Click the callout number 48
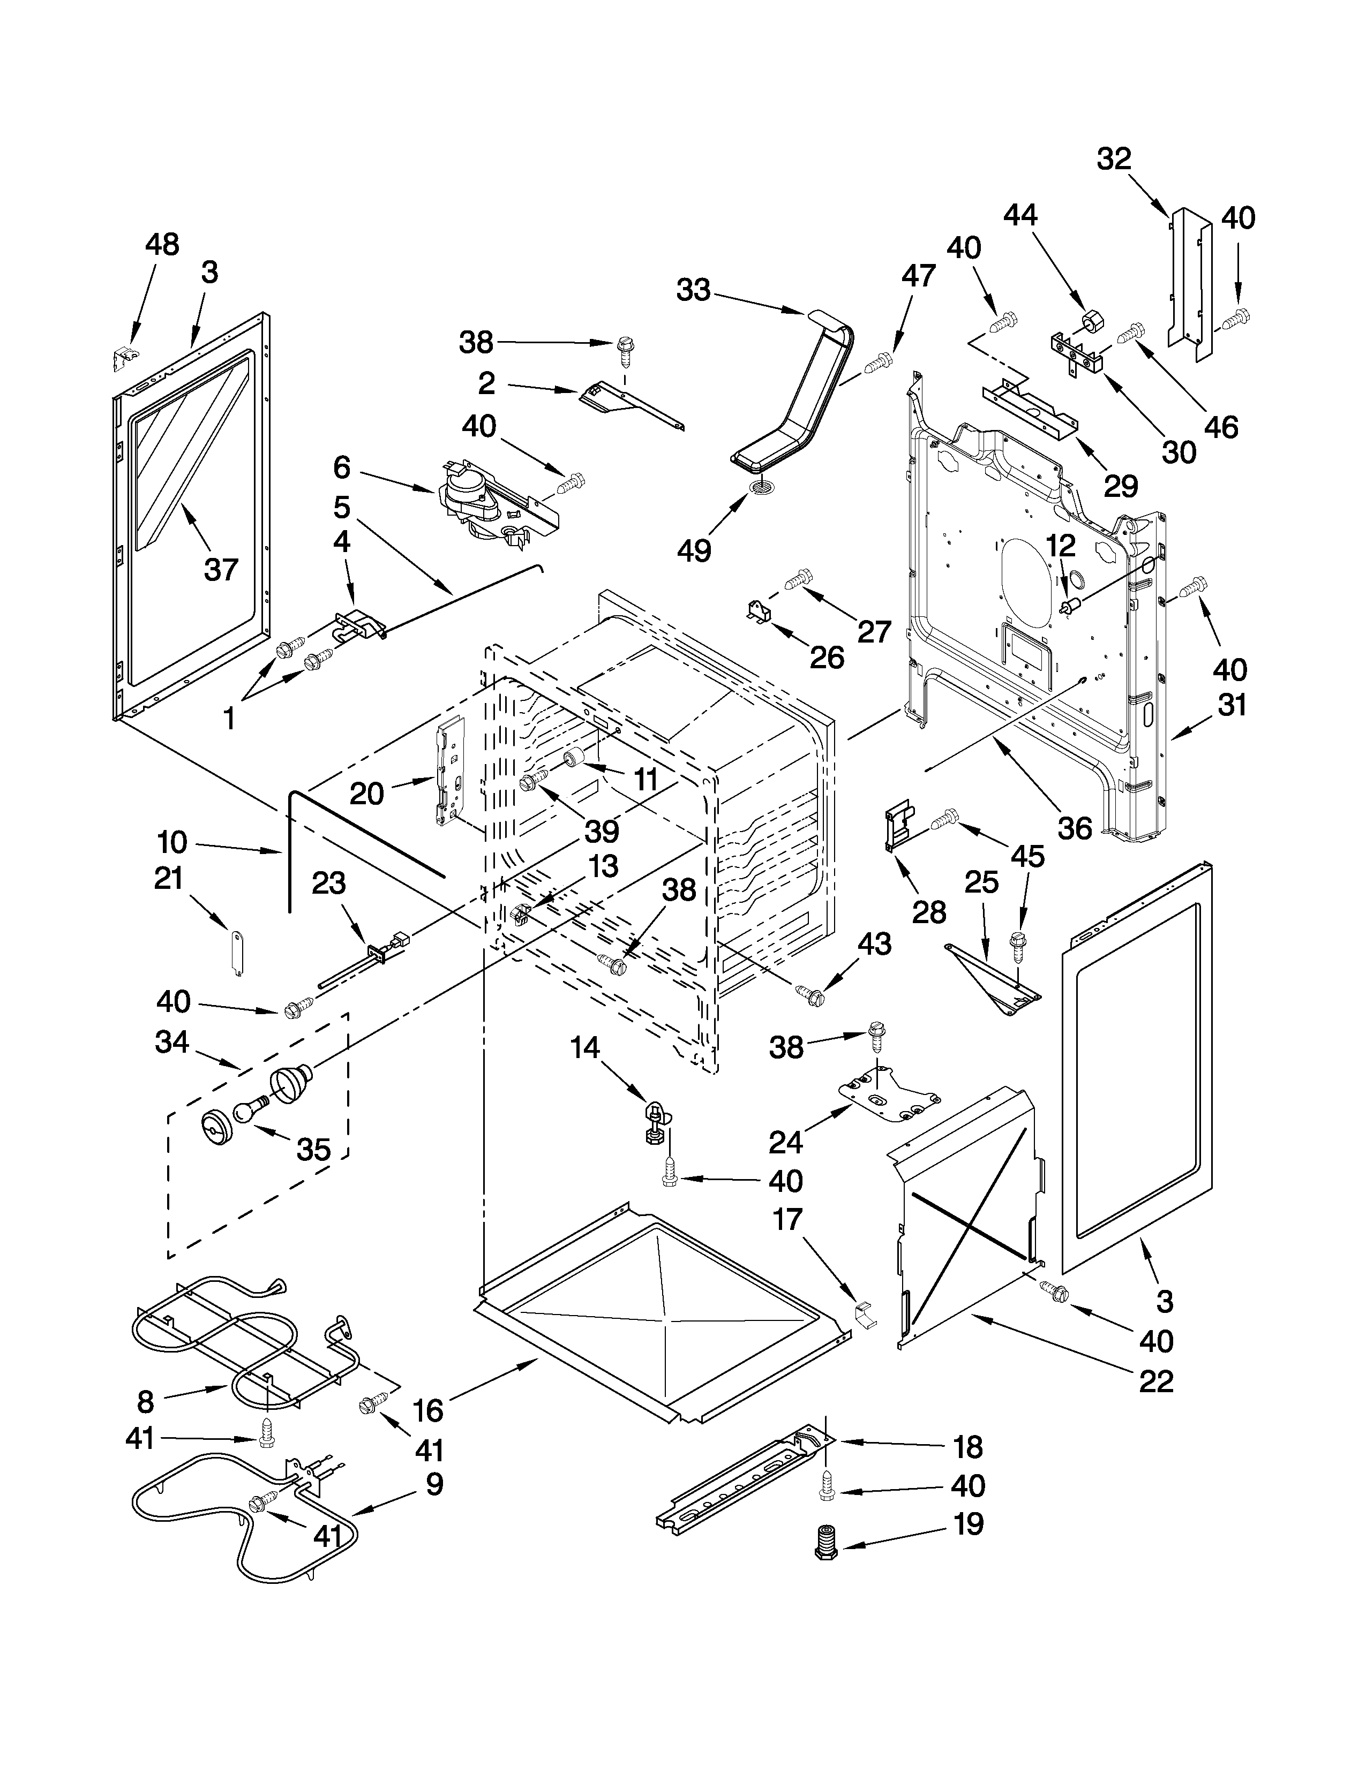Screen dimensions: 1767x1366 [x=162, y=244]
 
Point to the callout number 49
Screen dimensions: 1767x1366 [x=694, y=551]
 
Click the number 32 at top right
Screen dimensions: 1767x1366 [x=1114, y=158]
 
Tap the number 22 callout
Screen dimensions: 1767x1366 [x=1155, y=1381]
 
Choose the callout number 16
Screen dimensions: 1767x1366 [x=427, y=1411]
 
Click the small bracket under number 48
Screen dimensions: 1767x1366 [x=122, y=357]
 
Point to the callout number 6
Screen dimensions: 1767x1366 [x=342, y=467]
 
